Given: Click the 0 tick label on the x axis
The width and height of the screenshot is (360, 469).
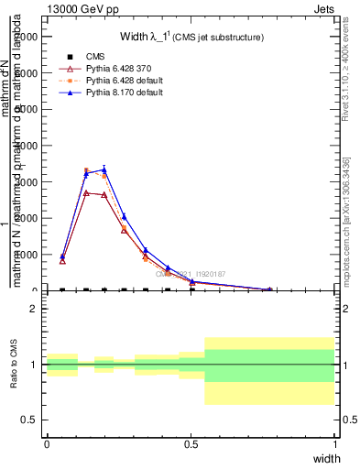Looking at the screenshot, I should click(x=47, y=442).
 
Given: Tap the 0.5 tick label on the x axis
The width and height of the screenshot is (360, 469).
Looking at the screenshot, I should click(x=191, y=442).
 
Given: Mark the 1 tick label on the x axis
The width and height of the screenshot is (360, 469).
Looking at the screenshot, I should click(x=334, y=442).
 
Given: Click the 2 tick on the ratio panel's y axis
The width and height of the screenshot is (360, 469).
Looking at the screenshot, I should click(x=35, y=309).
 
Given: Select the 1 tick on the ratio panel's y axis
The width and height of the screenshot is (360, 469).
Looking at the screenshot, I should click(x=35, y=365).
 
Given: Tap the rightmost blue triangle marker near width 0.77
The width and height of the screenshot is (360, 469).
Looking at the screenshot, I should click(x=269, y=289).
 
